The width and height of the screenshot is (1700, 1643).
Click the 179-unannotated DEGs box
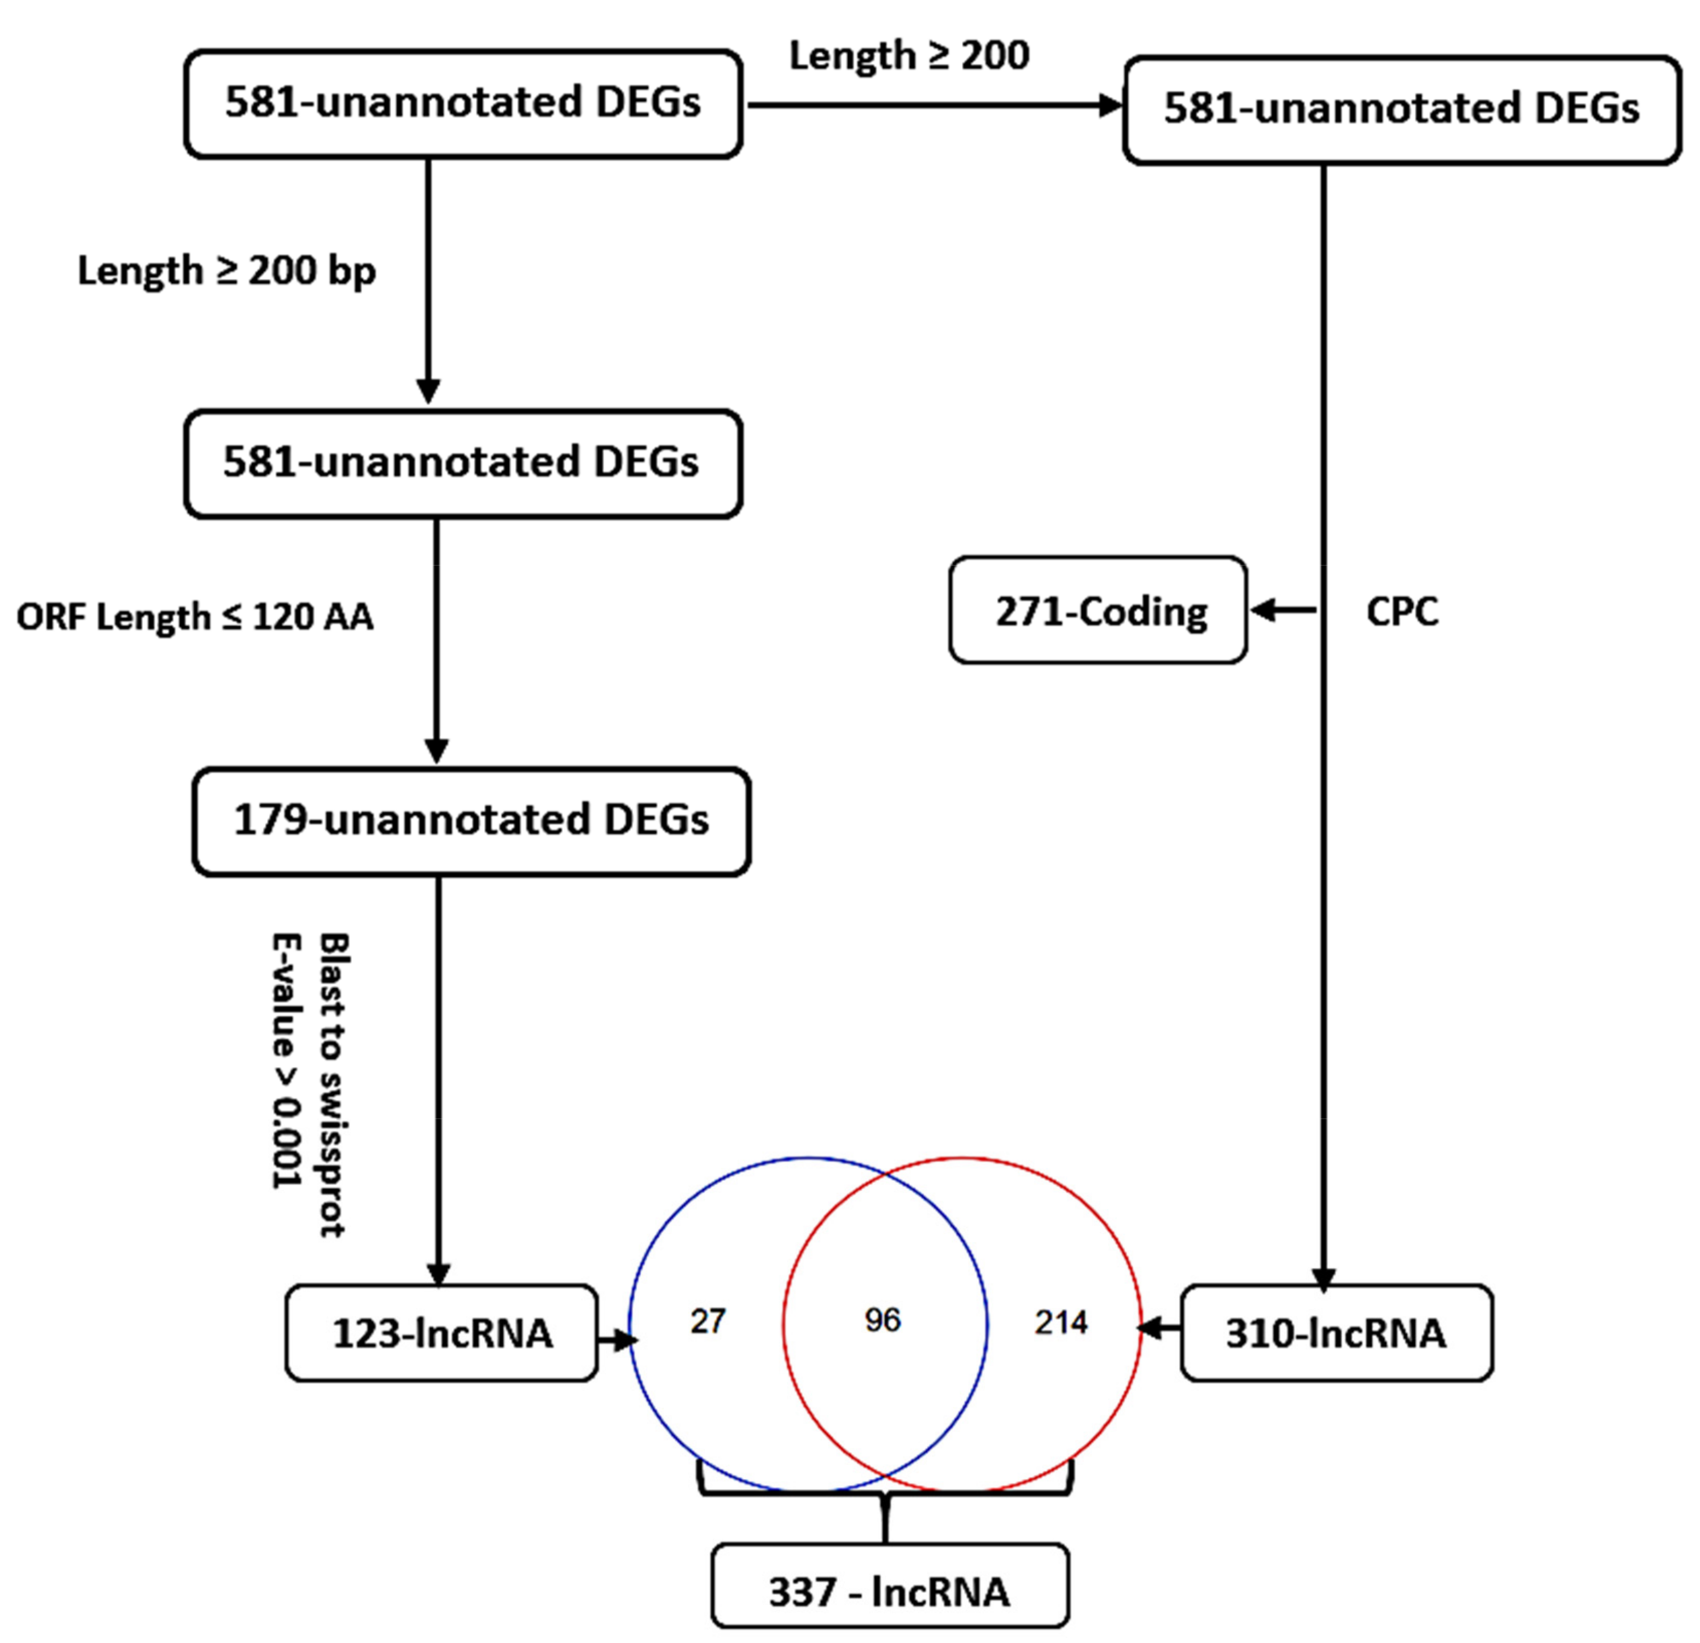471,821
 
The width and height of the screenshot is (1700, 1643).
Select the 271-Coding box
1098,611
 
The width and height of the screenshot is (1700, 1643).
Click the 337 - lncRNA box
889,1592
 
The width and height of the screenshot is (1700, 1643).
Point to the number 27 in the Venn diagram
708,1321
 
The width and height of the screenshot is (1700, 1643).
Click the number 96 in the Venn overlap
883,1320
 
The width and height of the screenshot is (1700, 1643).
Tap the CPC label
1402,612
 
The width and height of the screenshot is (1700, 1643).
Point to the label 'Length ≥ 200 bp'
227,271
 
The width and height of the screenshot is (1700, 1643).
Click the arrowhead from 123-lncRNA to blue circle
626,1341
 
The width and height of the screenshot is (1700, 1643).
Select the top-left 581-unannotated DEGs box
463,103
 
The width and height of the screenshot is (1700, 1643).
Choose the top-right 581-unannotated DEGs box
1402,109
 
